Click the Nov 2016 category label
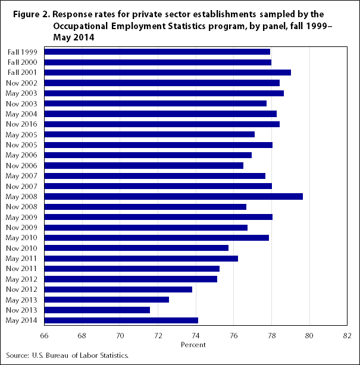coord(23,124)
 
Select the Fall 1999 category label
coord(23,52)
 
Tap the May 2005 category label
coord(23,135)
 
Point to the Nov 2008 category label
coord(23,207)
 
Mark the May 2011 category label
coord(23,259)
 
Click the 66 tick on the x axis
coord(44,335)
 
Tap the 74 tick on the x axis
coord(196,335)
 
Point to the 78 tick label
coord(271,335)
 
